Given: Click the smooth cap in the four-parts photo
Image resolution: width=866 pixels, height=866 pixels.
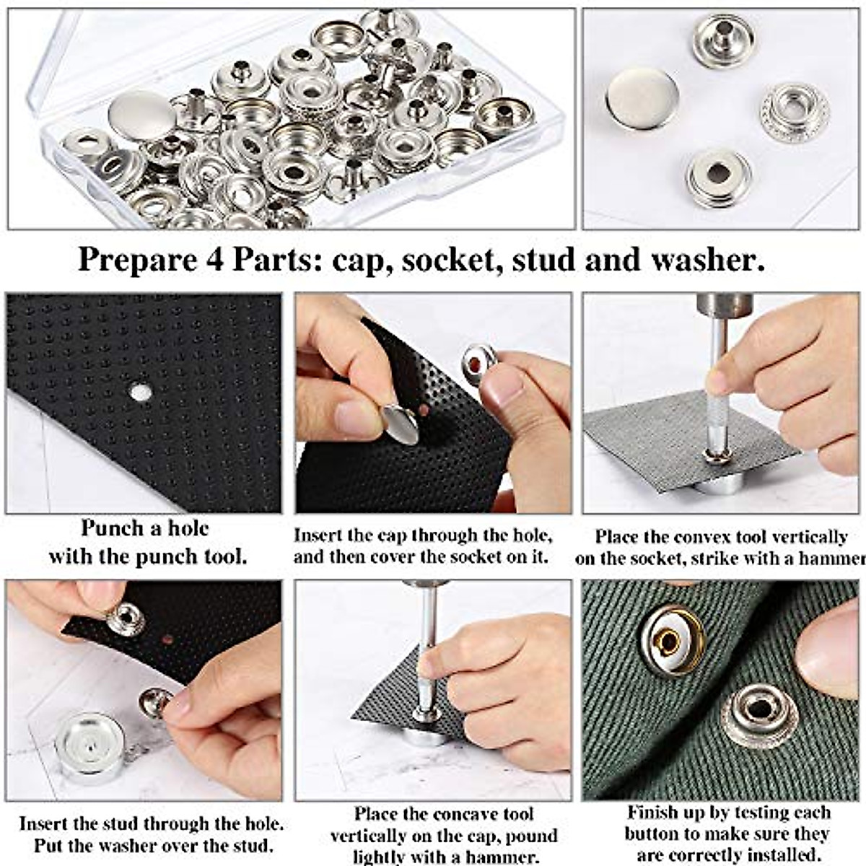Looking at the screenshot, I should point(642,98).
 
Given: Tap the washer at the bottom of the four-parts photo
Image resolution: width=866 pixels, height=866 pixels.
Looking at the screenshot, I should point(718,177).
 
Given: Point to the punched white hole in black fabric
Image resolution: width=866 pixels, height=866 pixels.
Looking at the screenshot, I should point(141,393).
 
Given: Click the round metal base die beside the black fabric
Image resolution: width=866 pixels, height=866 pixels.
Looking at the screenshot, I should point(90,747).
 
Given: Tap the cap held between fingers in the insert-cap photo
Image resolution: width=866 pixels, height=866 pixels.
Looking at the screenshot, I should point(401,425).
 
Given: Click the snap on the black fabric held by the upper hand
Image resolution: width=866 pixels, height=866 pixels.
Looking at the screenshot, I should point(126,619).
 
